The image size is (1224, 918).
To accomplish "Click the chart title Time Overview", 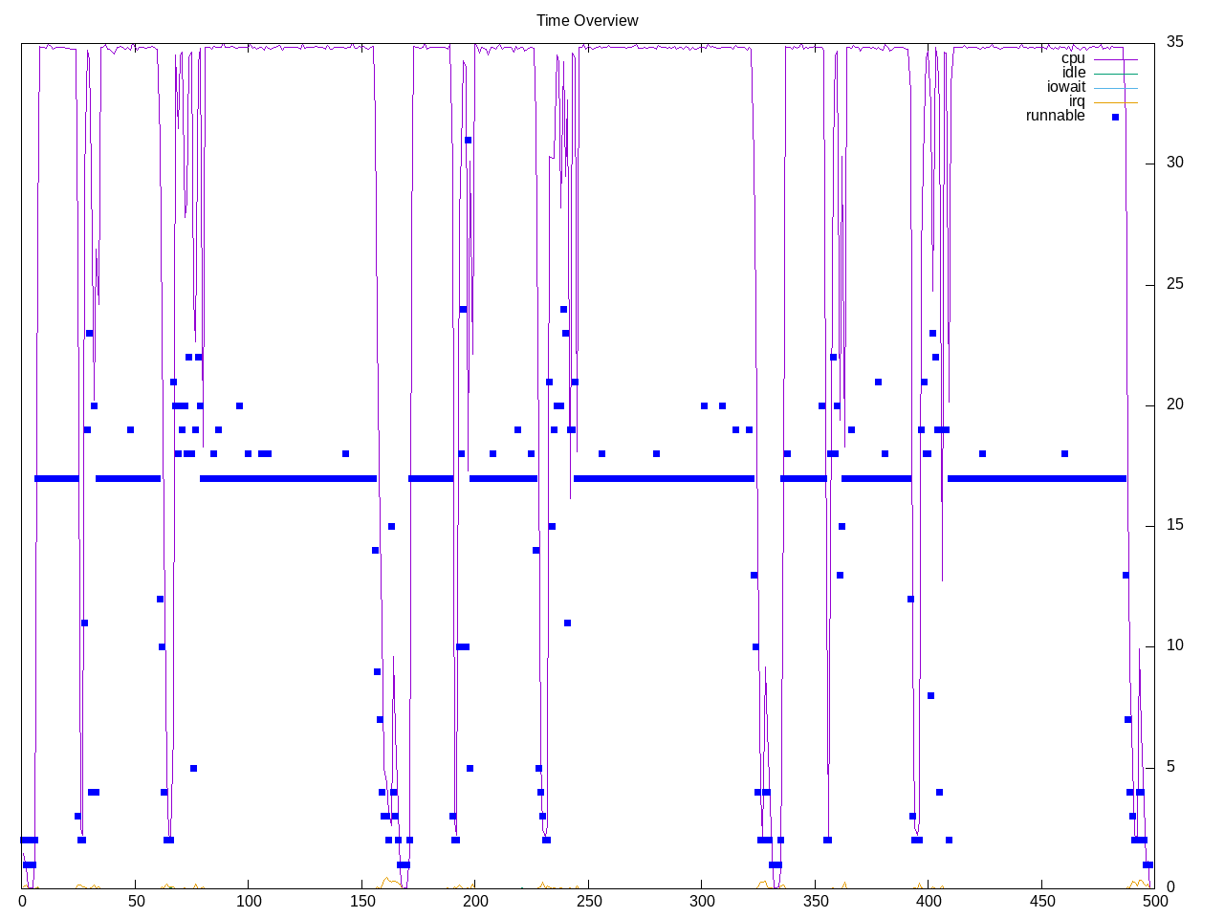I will pos(587,20).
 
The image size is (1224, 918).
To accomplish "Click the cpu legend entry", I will pos(1073,58).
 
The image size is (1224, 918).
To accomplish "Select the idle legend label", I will pos(1073,73).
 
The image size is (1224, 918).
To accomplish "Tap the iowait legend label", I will pos(1065,87).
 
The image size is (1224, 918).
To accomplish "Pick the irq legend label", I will pos(1077,101).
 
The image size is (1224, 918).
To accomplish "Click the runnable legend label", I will pos(1055,116).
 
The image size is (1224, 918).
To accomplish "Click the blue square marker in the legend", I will pos(1115,117).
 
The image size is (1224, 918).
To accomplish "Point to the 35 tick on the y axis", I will pos(1174,41).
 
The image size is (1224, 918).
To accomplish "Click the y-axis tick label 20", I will pos(1174,404).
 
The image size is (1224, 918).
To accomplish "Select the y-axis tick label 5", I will pos(1170,767).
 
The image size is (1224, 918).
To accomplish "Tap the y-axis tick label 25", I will pos(1174,284).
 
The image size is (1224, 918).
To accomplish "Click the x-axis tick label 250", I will pos(589,901).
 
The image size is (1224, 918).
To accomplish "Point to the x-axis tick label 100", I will pos(249,901).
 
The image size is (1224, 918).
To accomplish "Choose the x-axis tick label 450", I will pos(1041,901).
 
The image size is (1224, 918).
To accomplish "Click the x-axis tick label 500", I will pos(1154,901).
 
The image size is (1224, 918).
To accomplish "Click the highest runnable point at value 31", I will pos(468,140).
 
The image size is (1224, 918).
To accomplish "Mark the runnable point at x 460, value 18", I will pos(1064,453).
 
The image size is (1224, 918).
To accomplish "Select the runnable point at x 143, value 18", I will pos(345,453).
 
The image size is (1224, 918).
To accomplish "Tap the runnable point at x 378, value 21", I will pos(878,382).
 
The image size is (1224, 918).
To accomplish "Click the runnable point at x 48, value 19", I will pos(130,429).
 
